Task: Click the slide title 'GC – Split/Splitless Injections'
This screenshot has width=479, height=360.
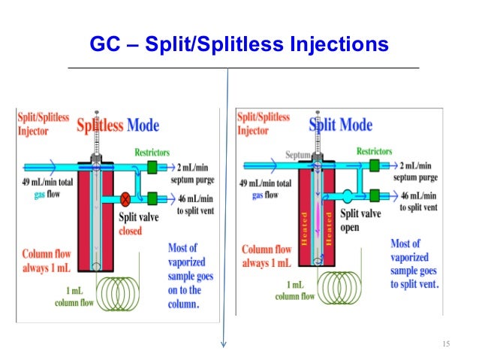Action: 239,44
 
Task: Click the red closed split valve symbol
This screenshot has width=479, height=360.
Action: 126,199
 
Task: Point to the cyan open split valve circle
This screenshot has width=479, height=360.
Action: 348,199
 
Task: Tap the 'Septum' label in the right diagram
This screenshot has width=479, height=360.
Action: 297,156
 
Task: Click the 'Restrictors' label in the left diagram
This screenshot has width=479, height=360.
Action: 152,150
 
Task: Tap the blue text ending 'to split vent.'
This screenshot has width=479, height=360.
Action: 414,264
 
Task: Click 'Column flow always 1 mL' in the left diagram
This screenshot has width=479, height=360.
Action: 47,259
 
